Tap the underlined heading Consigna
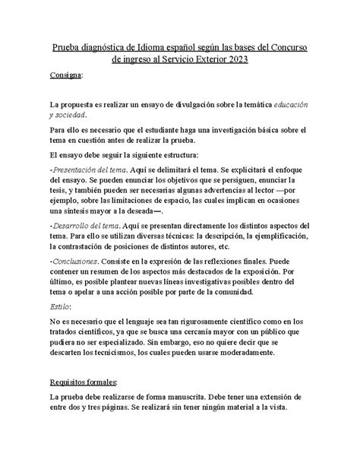(67, 78)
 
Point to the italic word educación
(284, 102)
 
